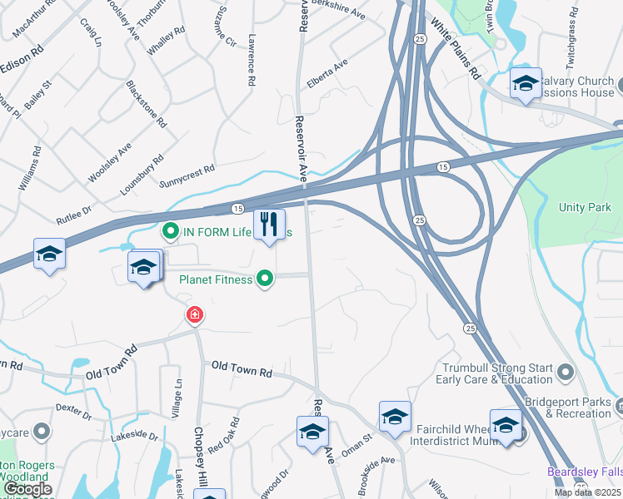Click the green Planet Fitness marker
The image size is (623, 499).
[x=265, y=279]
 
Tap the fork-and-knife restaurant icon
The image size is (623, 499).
[x=269, y=225]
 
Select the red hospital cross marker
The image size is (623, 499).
[x=194, y=315]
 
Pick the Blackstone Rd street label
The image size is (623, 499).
[x=146, y=103]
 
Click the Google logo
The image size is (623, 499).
[x=27, y=489]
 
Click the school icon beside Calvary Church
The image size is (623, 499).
[x=525, y=83]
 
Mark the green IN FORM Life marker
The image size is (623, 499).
[x=171, y=231]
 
